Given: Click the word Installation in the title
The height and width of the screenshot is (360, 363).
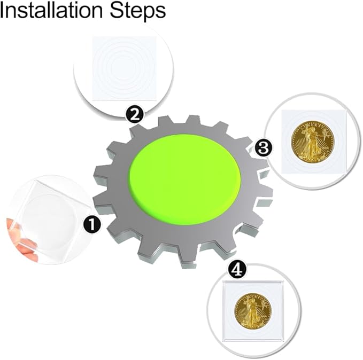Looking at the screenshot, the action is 51,10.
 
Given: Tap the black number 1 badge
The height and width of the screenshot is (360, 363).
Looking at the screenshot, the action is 92,224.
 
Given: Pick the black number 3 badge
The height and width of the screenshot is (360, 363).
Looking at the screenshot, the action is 263,148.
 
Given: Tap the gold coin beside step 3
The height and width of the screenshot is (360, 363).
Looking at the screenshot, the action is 313,142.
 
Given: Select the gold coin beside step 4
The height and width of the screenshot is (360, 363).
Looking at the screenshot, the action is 252,311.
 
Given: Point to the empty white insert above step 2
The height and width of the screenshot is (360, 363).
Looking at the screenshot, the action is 124,68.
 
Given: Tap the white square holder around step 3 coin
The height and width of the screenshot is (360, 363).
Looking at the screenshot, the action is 314,142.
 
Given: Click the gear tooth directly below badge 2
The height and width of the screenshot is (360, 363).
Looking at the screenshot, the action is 136,131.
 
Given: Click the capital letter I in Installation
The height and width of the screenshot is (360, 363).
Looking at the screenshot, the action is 2,10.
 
